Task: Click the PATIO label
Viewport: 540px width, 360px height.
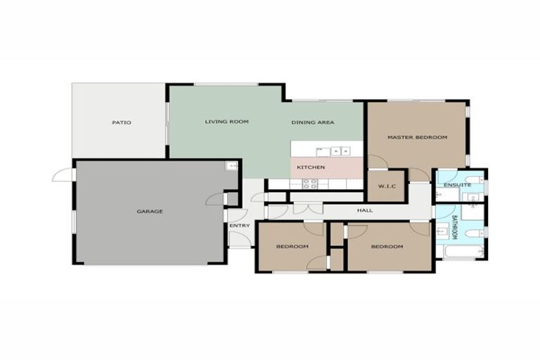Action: point(121,122)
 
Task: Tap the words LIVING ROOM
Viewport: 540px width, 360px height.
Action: point(226,122)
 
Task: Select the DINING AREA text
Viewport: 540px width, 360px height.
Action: point(312,122)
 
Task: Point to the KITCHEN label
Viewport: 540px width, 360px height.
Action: point(310,167)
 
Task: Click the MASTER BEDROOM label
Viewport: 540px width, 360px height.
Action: point(417,137)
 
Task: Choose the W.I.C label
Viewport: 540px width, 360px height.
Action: point(386,186)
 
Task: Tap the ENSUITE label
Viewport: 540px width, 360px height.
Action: point(457,184)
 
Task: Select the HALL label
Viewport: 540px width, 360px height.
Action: point(364,211)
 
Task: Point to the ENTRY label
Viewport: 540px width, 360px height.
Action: point(240,225)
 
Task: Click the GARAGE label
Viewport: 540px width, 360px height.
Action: point(150,211)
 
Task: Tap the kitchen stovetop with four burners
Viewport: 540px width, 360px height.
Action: point(309,184)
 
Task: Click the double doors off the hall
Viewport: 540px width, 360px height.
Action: point(307,209)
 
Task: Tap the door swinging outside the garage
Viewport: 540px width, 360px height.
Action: point(62,174)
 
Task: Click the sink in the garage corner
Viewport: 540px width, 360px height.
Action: point(230,166)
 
